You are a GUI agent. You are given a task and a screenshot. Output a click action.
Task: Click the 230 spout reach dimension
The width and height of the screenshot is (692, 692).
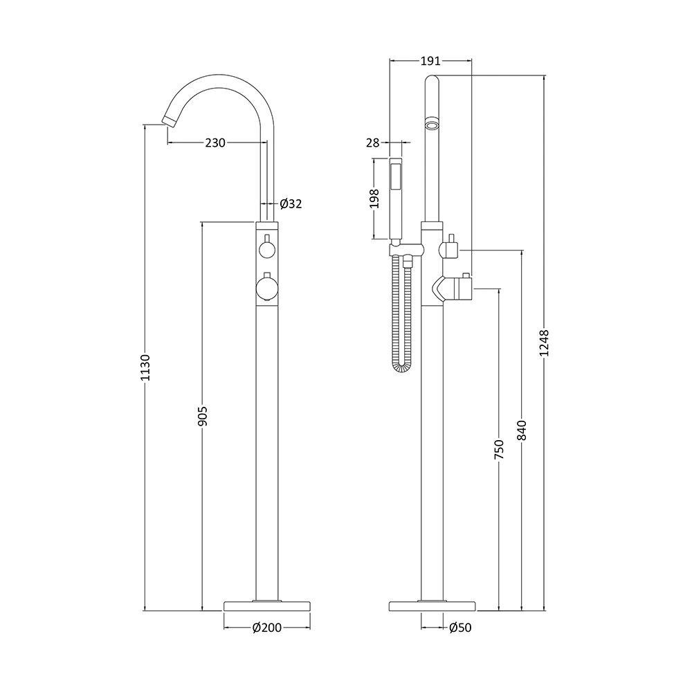coord(215,143)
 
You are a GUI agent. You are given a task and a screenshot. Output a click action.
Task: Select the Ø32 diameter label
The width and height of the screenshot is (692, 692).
coord(291,203)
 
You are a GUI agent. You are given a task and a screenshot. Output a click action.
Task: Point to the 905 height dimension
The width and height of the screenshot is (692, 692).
coord(202,415)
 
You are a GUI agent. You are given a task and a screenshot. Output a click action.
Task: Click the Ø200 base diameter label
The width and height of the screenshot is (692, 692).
coord(266,628)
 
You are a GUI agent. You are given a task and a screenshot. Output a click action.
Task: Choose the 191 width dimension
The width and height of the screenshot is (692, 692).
coord(431,61)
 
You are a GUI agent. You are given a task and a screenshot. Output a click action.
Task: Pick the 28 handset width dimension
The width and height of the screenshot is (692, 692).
coord(373,143)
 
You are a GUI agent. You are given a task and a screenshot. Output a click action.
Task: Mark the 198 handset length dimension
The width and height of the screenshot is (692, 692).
coord(374,199)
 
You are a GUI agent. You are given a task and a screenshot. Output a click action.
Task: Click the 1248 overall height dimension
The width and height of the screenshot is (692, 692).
coord(544,343)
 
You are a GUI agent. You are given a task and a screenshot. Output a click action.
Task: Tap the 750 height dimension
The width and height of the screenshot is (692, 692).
coord(498,449)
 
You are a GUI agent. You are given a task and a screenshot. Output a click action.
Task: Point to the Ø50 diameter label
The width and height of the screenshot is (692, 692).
coord(460,628)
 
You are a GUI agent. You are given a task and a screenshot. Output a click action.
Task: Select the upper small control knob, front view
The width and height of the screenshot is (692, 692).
coord(266,250)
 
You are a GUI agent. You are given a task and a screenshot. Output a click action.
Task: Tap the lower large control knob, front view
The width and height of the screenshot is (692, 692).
coord(266,287)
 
